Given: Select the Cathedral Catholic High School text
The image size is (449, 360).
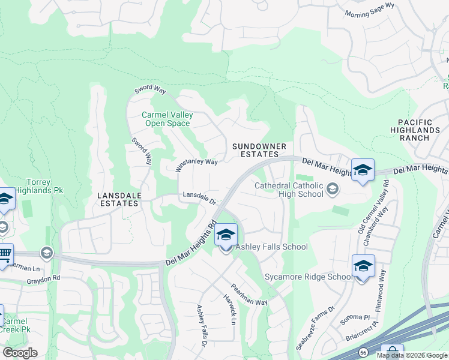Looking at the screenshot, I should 289,190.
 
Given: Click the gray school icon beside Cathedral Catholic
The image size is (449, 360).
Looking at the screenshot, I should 331,190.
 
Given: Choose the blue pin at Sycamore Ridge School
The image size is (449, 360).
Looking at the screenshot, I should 363,266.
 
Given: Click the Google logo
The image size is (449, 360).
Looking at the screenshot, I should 19,352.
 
